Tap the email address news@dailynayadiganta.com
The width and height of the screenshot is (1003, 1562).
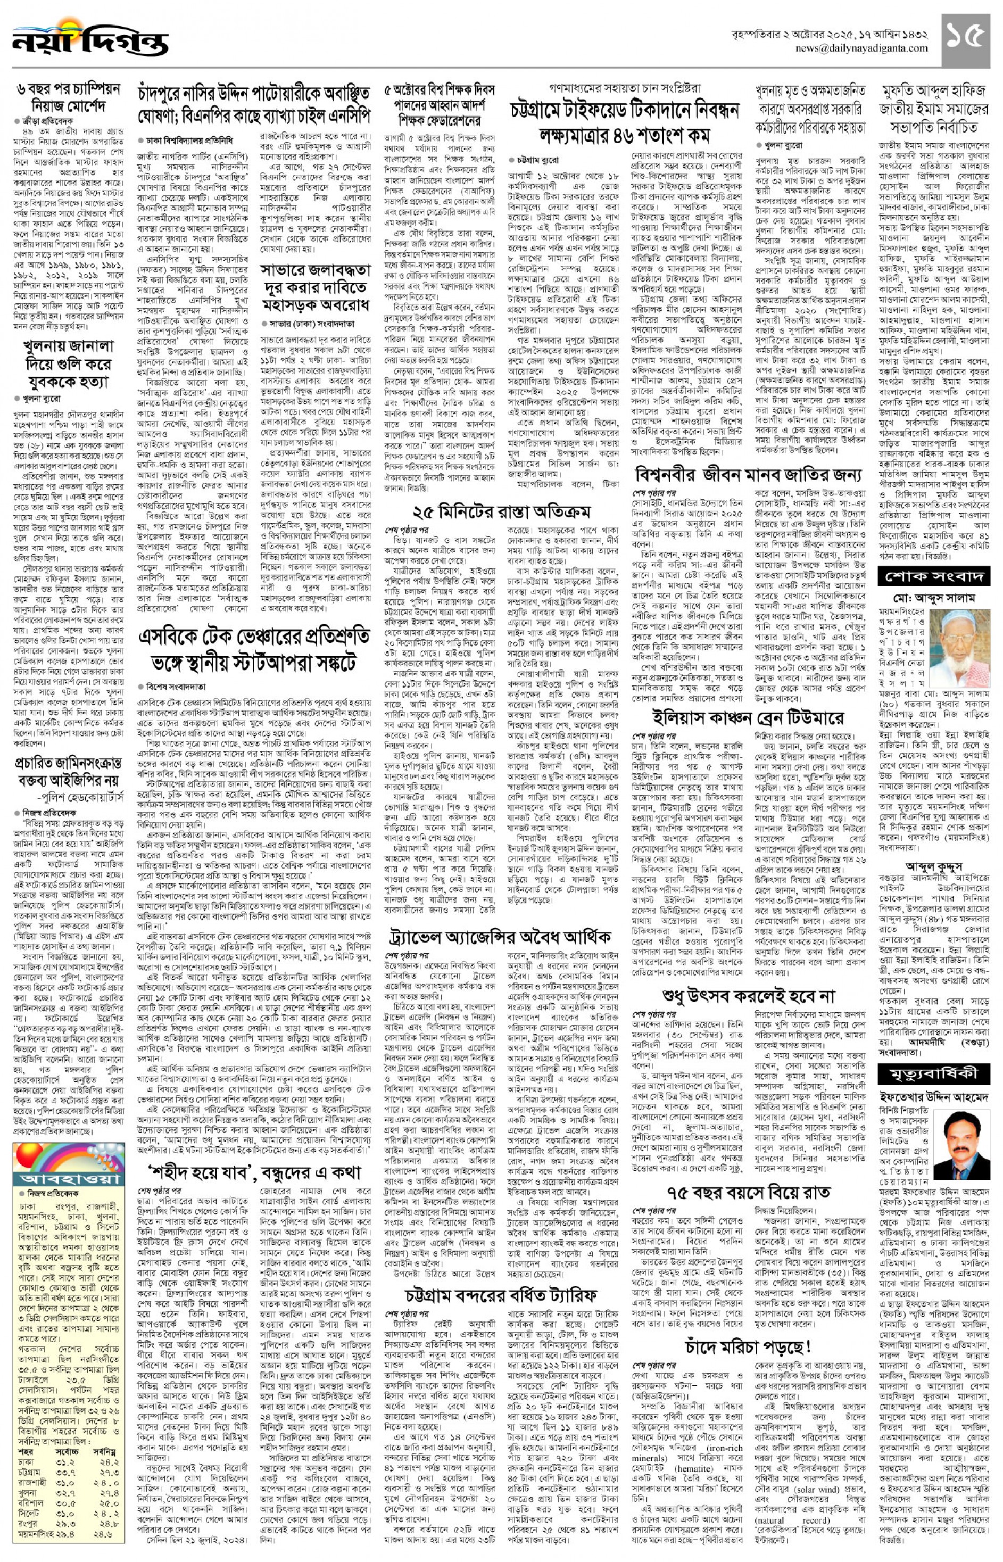(x=864, y=48)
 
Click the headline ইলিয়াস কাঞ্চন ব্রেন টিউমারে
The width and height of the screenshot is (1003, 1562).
(x=748, y=718)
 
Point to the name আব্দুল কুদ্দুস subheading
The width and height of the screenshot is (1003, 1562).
(x=933, y=866)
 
